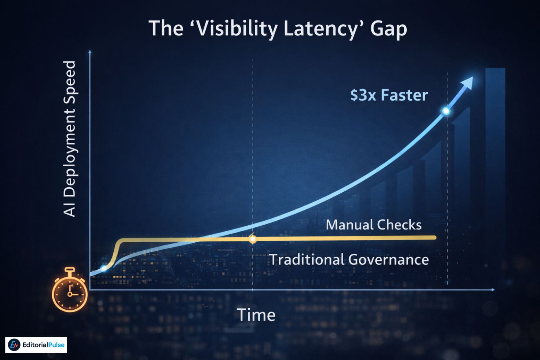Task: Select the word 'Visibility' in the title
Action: pos(237,29)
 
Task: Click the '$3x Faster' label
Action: pos(389,95)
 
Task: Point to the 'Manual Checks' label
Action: pos(374,225)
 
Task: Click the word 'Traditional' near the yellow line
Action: pos(307,260)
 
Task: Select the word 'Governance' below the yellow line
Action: pos(388,260)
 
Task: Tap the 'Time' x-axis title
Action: pos(256,315)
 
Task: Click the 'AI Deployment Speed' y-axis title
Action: pos(69,138)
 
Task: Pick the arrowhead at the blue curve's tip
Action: pos(468,82)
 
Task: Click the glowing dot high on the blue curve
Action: pos(446,111)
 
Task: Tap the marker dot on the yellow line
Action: pos(252,239)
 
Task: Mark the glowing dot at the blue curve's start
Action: pos(104,268)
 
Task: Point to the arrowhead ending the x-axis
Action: pos(493,289)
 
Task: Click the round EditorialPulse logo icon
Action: pos(14,345)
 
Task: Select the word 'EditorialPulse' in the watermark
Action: pos(43,345)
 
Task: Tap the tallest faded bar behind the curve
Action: pos(495,142)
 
